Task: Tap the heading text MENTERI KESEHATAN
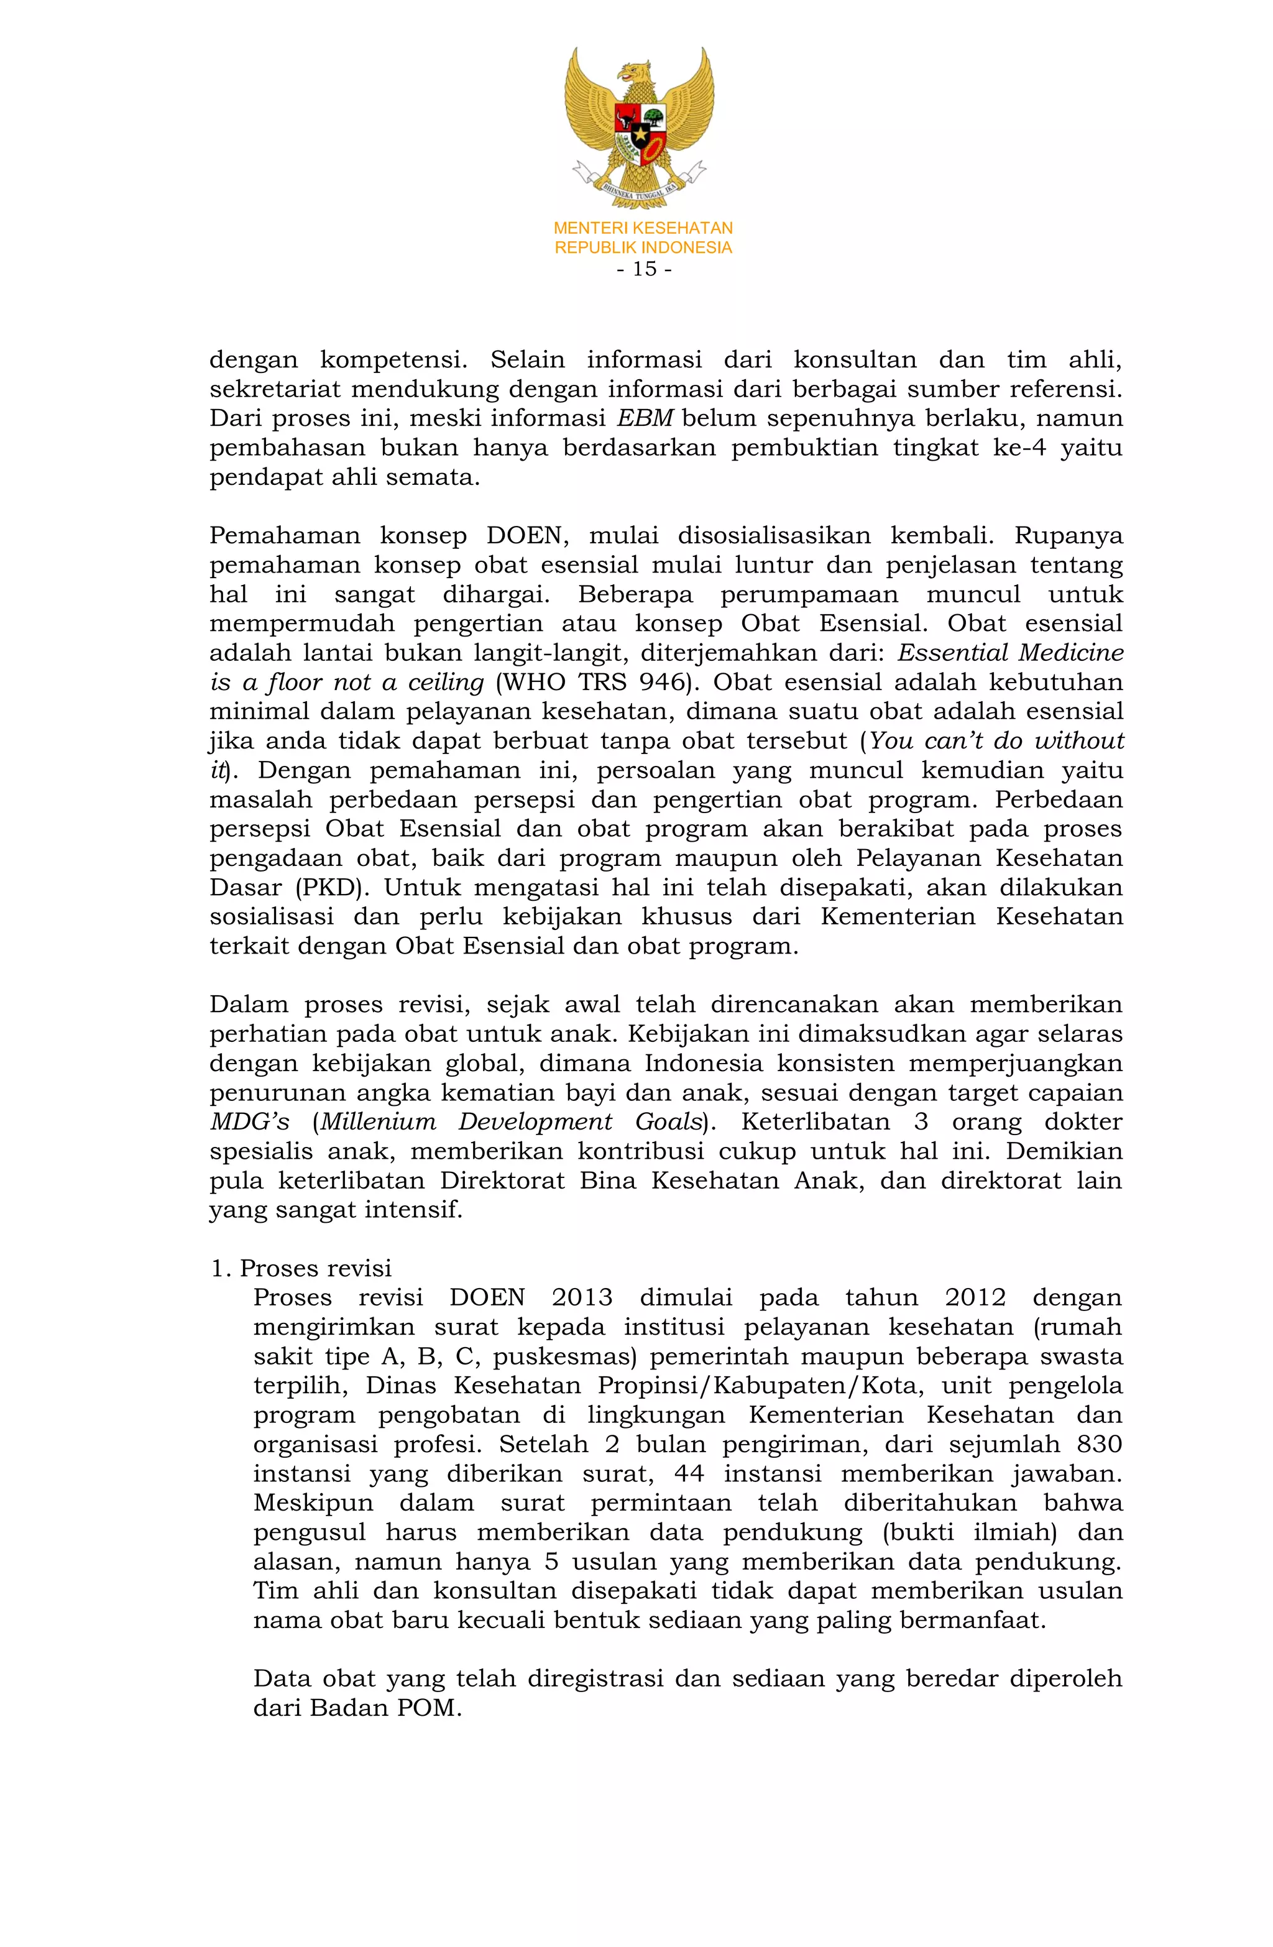[643, 228]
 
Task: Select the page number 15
[644, 269]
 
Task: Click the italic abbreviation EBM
[645, 419]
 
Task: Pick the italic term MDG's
[249, 1121]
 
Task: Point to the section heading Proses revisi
[315, 1268]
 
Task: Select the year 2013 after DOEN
[582, 1297]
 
